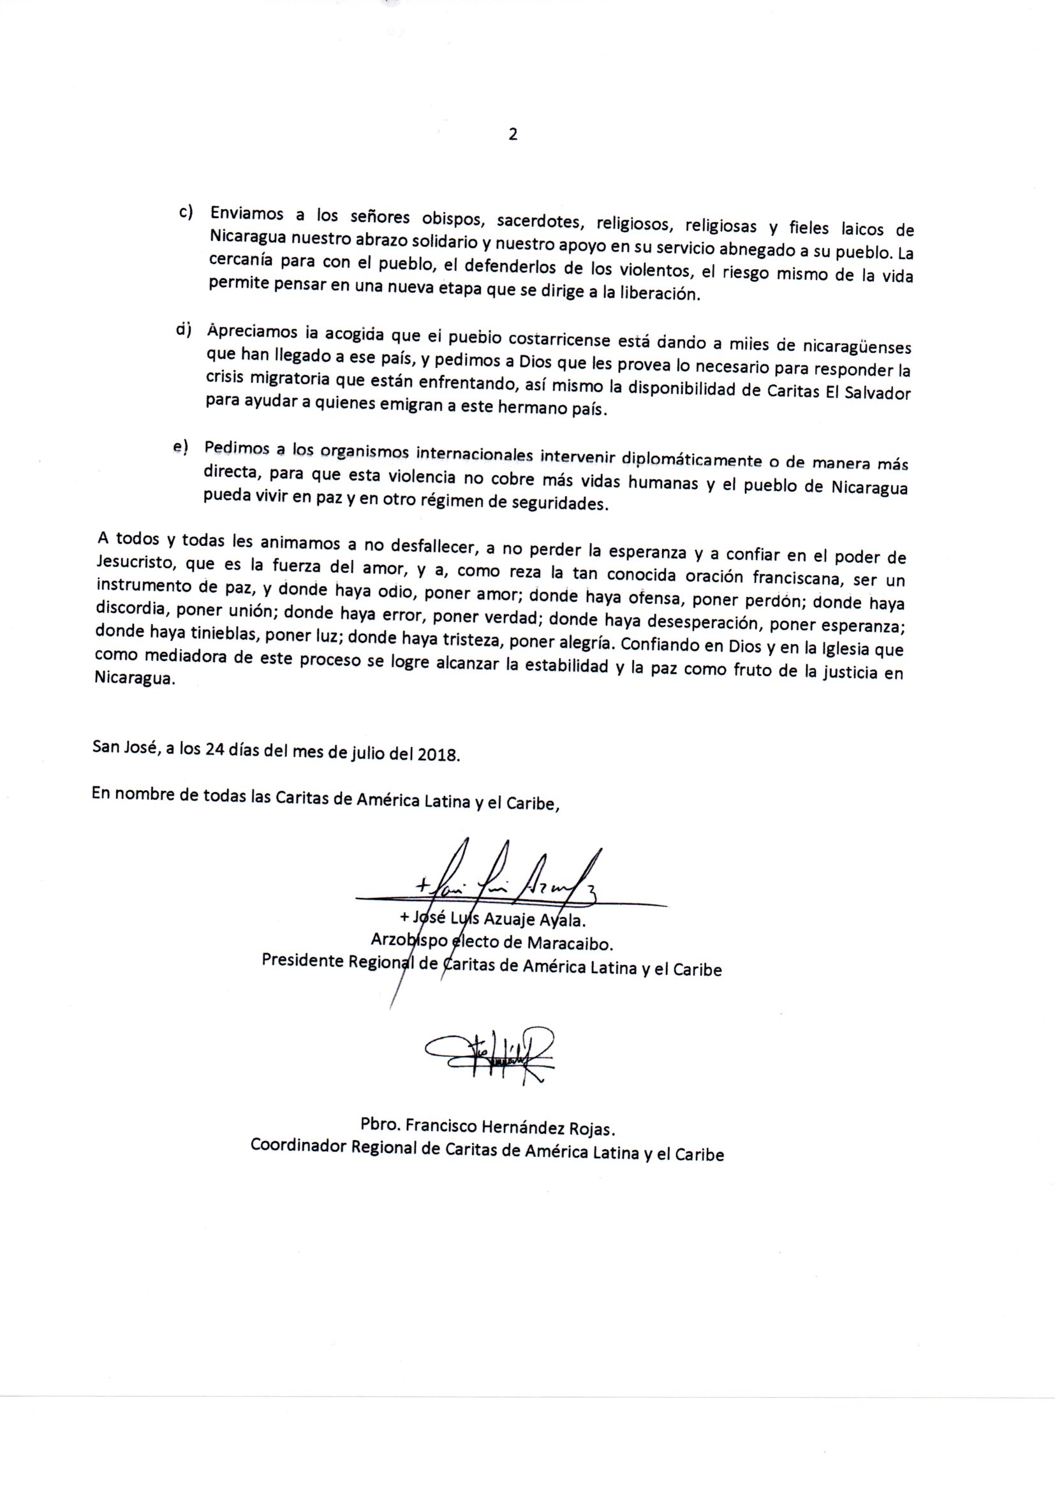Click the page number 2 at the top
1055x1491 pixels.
pyautogui.click(x=513, y=135)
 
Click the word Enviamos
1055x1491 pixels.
pyautogui.click(x=246, y=214)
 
